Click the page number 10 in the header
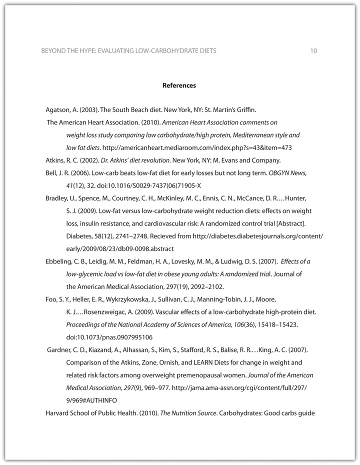point(313,51)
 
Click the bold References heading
point(179,85)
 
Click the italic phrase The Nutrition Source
point(186,412)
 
